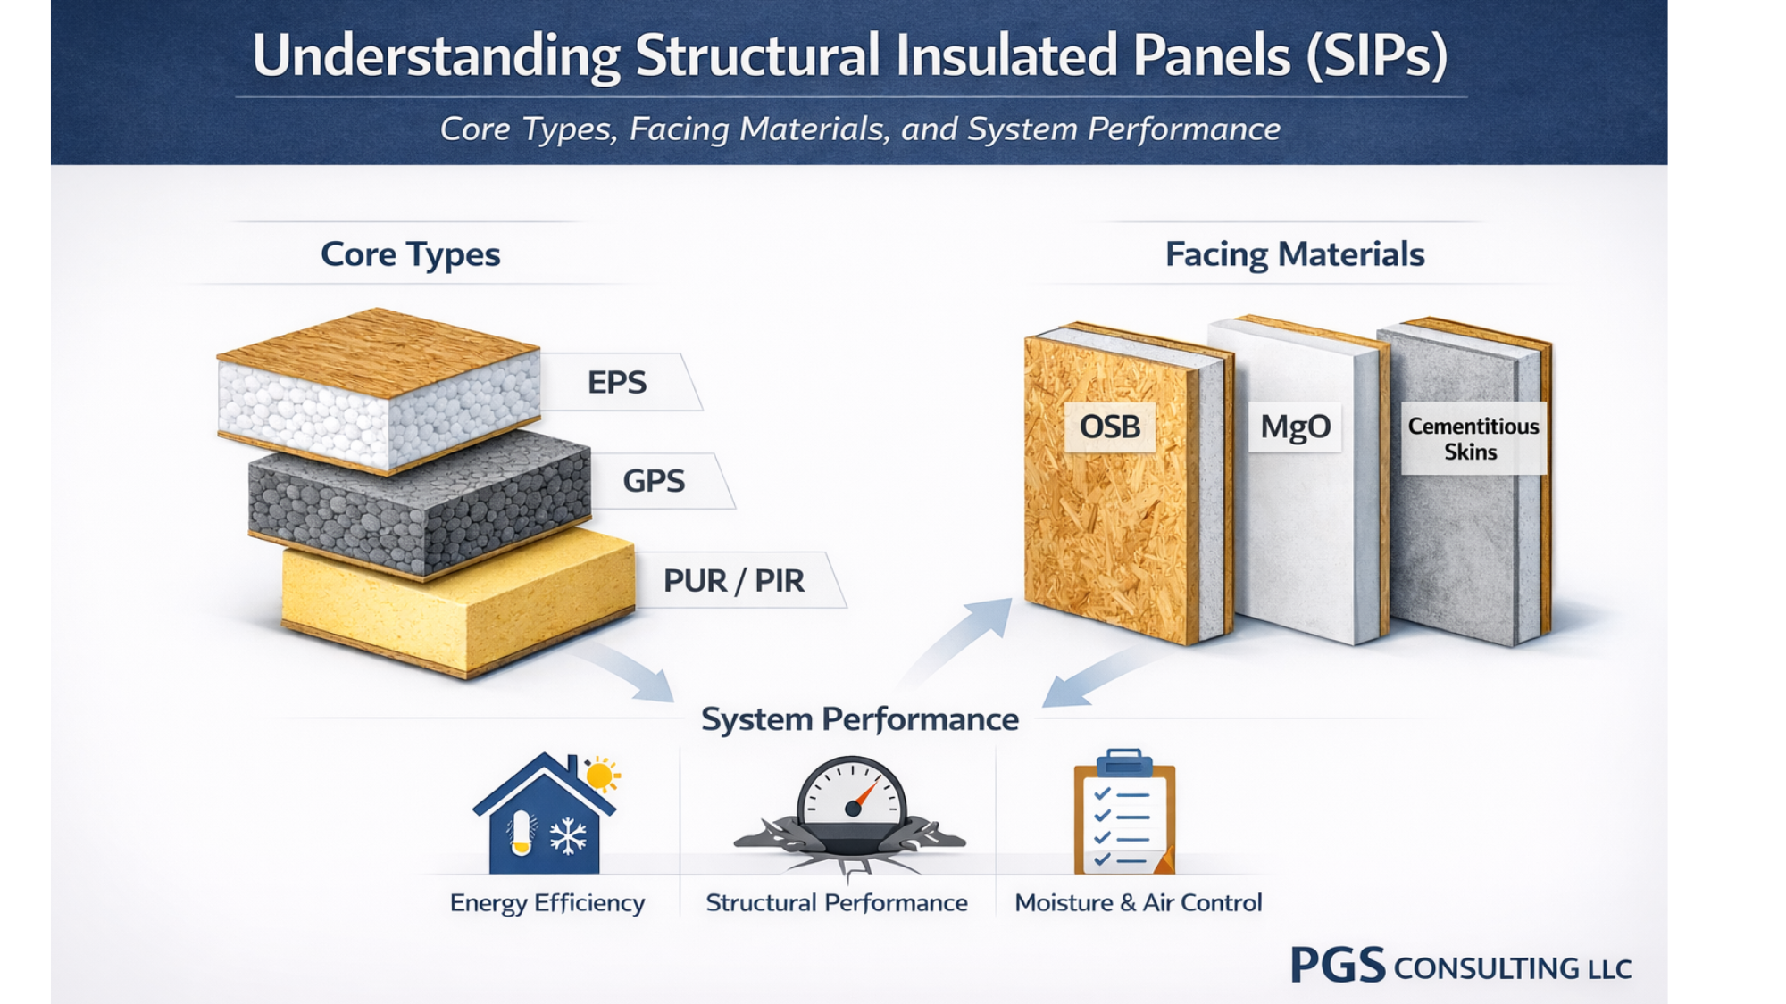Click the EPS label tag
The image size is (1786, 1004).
618,382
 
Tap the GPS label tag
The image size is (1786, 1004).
655,481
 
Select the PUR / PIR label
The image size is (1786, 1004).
734,581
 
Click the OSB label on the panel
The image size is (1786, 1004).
1110,427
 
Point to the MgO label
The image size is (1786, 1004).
1295,427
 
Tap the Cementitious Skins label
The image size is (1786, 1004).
1473,438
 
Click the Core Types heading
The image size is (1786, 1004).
410,254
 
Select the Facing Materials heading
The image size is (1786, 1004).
1294,254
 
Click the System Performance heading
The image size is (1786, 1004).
859,719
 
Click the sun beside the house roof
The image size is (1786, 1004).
601,775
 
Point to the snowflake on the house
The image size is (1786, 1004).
568,837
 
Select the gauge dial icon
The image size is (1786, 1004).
851,794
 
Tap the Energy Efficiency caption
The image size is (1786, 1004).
547,903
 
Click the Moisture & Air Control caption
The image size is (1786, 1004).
1138,903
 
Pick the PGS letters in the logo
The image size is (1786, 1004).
1337,966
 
